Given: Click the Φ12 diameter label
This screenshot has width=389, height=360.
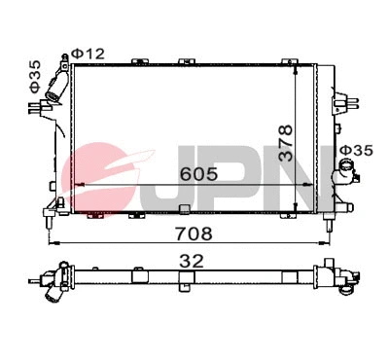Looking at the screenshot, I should pyautogui.click(x=90, y=53).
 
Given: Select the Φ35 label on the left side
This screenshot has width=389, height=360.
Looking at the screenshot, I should pyautogui.click(x=35, y=76).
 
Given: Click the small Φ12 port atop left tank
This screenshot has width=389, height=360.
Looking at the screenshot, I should pyautogui.click(x=66, y=55).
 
